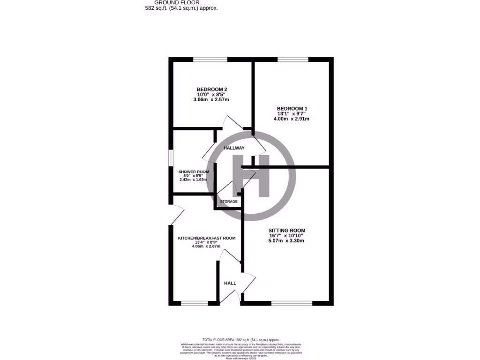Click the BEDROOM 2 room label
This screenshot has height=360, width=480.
tap(212, 89)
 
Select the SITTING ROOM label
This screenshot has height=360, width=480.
tap(286, 230)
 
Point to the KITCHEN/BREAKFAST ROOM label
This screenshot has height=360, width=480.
tap(206, 238)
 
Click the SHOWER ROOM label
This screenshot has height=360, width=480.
tap(194, 172)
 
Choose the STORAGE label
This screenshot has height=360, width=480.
tap(229, 202)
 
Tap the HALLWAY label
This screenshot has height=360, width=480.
tap(234, 148)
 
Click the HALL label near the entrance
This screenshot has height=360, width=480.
tap(230, 283)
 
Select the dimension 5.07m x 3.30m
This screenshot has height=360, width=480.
tap(286, 241)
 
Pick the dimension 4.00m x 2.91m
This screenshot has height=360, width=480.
tap(291, 119)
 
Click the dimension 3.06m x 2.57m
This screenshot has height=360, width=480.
tap(212, 99)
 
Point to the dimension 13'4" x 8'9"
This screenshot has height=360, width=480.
tap(206, 242)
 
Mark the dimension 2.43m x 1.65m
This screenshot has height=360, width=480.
tap(194, 180)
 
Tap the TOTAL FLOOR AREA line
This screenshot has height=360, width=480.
tap(240, 339)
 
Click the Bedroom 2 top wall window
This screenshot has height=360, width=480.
tap(210, 60)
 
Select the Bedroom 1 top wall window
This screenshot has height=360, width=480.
tap(292, 60)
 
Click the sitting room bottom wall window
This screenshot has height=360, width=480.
tap(292, 303)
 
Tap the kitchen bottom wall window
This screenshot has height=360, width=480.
tap(194, 303)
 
